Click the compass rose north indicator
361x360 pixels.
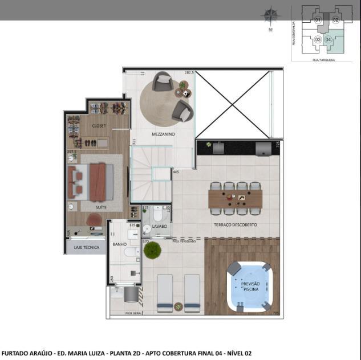(270, 17)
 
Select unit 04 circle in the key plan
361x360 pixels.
(328, 39)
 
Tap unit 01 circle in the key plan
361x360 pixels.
(318, 20)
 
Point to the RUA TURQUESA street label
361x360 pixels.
(323, 59)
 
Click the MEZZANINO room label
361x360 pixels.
(163, 134)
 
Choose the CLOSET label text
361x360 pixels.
(99, 126)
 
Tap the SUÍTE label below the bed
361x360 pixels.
(101, 207)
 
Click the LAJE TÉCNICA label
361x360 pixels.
(87, 248)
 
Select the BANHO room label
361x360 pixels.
(119, 244)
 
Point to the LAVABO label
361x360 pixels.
(160, 226)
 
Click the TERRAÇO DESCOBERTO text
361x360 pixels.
(235, 225)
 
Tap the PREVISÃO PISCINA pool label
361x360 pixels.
(250, 287)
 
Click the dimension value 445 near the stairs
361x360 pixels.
(176, 171)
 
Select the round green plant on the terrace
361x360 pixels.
(152, 250)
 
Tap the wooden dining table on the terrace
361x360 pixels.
(235, 198)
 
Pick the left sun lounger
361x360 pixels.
(165, 293)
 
